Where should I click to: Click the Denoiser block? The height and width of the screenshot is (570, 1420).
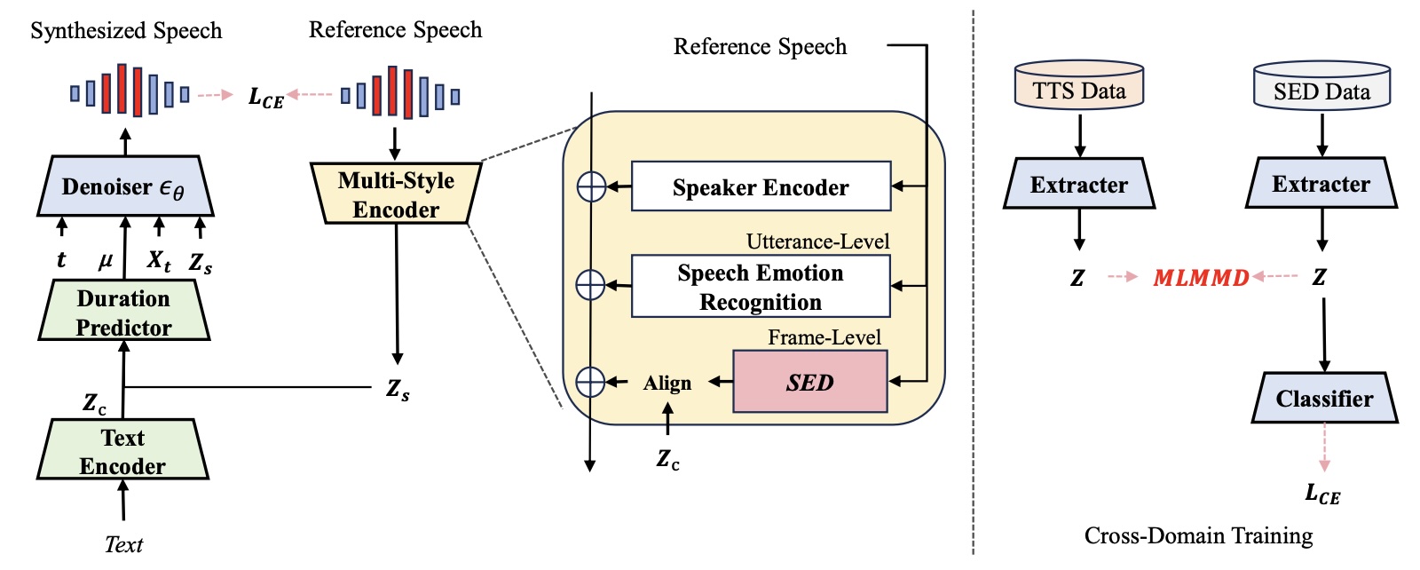(122, 186)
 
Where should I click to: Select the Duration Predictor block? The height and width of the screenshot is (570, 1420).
(123, 312)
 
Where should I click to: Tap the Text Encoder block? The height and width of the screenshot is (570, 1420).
(122, 450)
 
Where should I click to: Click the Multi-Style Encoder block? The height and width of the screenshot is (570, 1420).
(396, 194)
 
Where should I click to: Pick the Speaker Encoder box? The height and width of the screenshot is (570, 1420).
(760, 186)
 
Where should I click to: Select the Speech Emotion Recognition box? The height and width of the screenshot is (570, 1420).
(760, 287)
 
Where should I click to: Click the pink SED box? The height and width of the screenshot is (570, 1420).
(809, 382)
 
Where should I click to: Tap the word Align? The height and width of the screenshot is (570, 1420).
(667, 383)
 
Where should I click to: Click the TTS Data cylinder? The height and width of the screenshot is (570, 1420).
(1078, 86)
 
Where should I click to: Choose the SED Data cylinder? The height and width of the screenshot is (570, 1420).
(1321, 87)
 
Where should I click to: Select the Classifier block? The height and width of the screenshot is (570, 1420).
(1323, 399)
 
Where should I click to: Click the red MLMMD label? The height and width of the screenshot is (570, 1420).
(1200, 278)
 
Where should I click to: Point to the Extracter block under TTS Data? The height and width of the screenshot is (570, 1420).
(1078, 184)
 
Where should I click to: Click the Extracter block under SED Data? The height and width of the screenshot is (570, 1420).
(1321, 184)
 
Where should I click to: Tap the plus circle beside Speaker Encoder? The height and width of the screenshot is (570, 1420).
(591, 186)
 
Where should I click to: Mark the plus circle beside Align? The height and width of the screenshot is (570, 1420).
(591, 382)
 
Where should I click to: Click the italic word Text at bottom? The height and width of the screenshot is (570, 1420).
(123, 544)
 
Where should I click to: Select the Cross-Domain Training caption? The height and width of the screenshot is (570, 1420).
(1198, 535)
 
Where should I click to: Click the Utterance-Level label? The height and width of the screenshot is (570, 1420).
(817, 241)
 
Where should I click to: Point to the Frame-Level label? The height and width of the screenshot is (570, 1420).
(824, 337)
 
